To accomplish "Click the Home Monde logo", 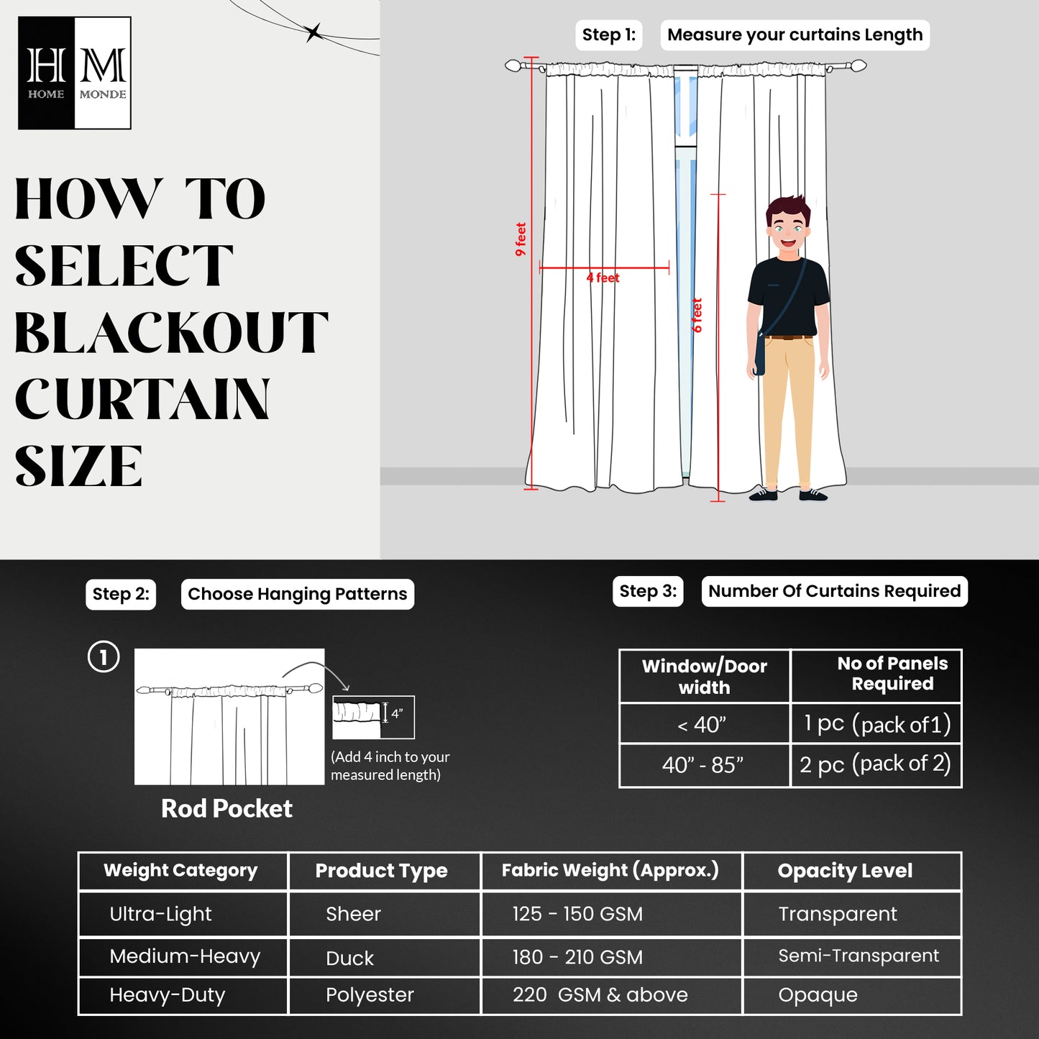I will [x=74, y=73].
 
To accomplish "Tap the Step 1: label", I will [x=608, y=35].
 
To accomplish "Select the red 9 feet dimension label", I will [x=521, y=239].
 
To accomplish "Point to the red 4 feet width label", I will [x=603, y=278].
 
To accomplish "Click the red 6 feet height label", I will [x=697, y=315].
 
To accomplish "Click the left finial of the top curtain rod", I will [x=513, y=66].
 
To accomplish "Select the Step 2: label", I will [x=121, y=595].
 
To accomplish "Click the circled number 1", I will [x=104, y=657].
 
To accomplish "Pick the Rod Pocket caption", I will [x=226, y=809].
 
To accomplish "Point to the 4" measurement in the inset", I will [x=397, y=714].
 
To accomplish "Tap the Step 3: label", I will [x=648, y=592].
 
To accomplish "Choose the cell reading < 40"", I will [x=703, y=725].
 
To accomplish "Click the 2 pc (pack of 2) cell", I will [x=875, y=764].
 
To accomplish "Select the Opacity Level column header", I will [x=845, y=871].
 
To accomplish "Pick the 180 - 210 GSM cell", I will [x=577, y=957].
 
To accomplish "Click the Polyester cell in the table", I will [x=370, y=995].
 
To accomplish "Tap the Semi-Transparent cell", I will [x=859, y=956].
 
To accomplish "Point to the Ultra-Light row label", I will [x=160, y=914].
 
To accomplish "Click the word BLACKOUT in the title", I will [x=171, y=333].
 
